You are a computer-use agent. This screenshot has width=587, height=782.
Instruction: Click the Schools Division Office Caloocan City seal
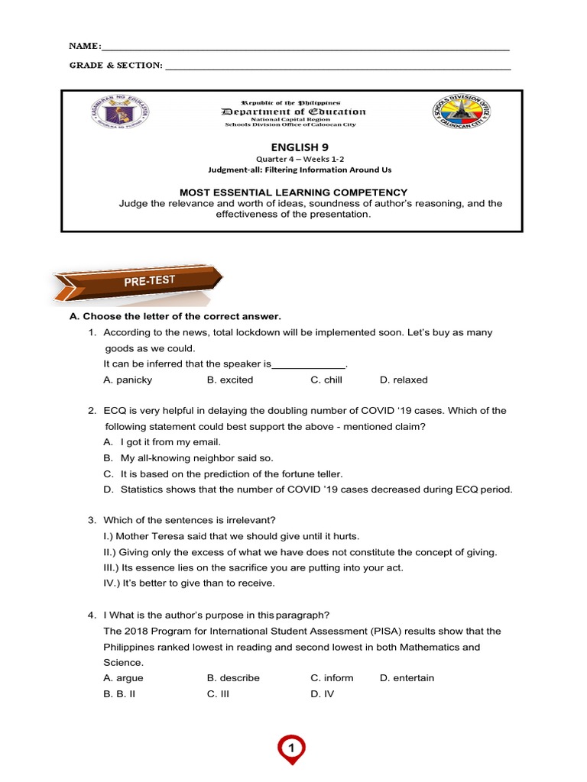click(x=460, y=114)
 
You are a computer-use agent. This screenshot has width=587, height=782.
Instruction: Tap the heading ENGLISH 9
click(x=292, y=147)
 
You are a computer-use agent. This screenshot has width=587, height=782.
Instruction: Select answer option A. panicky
click(x=128, y=380)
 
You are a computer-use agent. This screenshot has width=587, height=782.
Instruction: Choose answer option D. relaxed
click(x=404, y=380)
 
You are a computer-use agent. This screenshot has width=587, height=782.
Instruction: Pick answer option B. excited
click(x=230, y=380)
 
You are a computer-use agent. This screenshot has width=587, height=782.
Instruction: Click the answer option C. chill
click(x=326, y=380)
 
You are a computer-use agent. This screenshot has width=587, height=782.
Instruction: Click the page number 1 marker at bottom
click(x=291, y=748)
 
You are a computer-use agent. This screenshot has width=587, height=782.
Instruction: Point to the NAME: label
click(x=85, y=47)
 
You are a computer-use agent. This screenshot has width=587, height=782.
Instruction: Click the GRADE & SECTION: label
click(x=115, y=66)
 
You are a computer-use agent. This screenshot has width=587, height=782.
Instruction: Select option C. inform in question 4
click(x=332, y=678)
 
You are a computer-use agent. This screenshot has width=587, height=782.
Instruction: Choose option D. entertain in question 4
click(x=407, y=678)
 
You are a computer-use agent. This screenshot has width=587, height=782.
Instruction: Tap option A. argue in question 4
click(x=123, y=678)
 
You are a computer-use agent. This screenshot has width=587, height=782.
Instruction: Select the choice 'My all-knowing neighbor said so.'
click(x=196, y=458)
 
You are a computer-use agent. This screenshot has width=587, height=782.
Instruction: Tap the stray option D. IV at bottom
click(x=322, y=694)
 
